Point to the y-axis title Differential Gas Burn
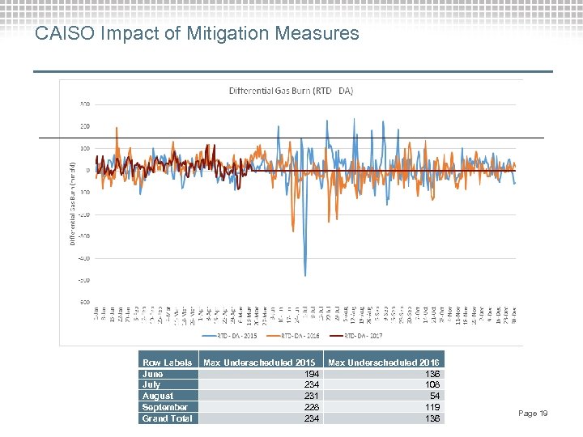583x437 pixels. (x=72, y=202)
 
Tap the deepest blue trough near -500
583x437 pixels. (x=305, y=275)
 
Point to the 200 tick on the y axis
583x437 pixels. (x=84, y=126)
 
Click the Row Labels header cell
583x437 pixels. (x=167, y=362)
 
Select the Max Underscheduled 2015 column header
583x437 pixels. (x=259, y=362)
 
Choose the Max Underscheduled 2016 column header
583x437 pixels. (x=384, y=362)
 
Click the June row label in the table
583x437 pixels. (x=152, y=374)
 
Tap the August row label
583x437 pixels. (x=157, y=396)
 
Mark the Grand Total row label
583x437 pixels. (x=167, y=418)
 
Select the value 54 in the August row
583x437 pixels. (x=435, y=396)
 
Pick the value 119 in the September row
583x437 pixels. (x=432, y=407)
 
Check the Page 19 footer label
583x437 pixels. (x=533, y=414)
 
